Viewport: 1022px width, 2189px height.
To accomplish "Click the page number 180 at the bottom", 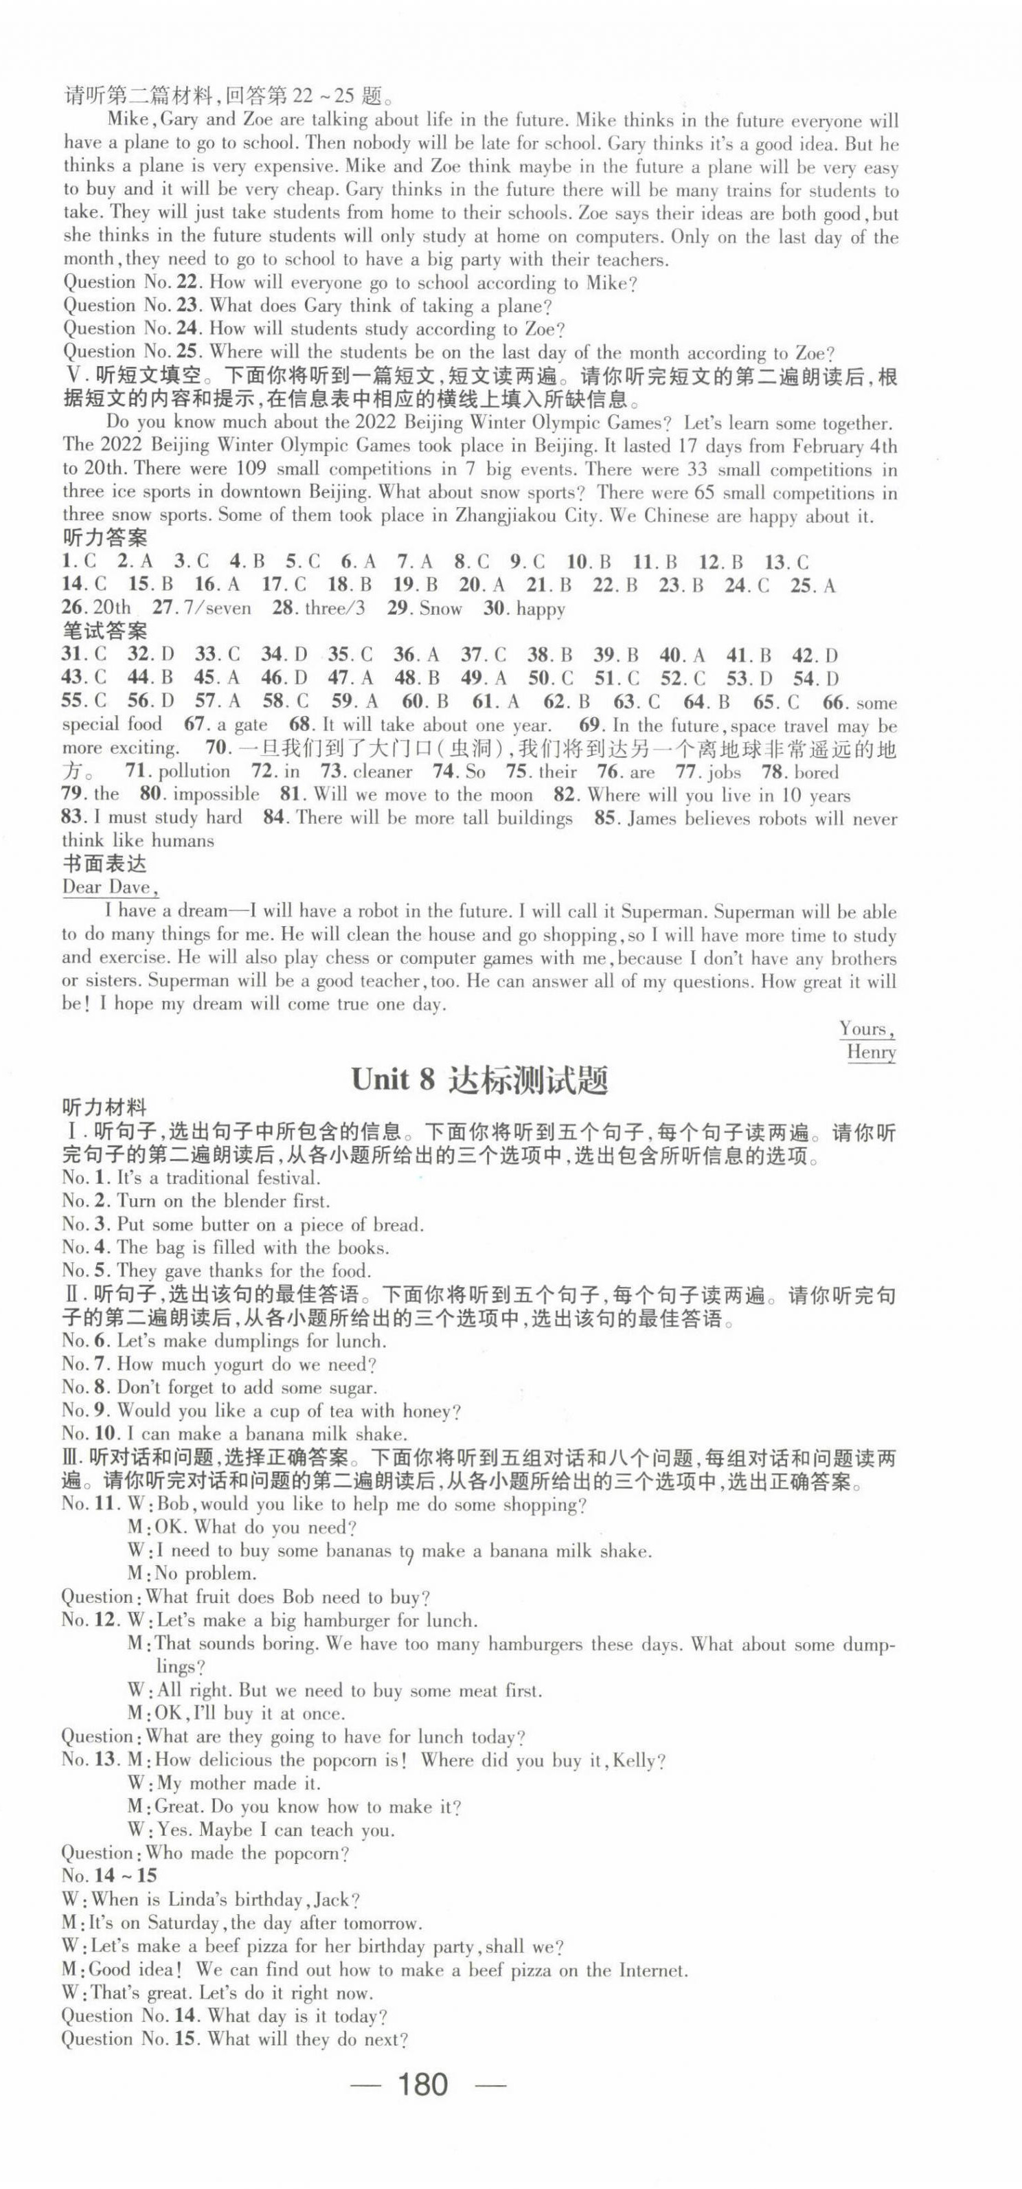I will (x=422, y=2085).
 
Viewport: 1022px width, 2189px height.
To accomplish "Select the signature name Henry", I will (x=871, y=1051).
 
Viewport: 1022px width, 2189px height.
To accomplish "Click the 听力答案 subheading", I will (x=104, y=538).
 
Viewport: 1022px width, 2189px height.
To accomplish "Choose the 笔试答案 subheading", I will (x=104, y=631).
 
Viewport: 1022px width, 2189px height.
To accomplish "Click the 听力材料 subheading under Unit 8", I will (x=104, y=1108).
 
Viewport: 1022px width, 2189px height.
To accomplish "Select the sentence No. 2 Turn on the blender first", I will (x=195, y=1201).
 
